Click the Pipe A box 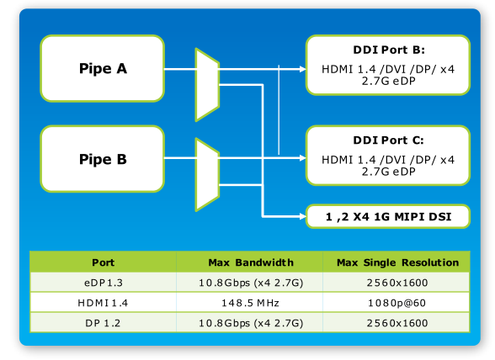coord(103,68)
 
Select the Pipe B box coord(103,159)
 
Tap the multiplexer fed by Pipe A coord(207,85)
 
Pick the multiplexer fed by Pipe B coord(207,175)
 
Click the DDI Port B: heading coord(389,50)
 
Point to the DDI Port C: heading coord(388,140)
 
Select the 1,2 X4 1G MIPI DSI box coord(388,216)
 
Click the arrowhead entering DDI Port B coord(303,69)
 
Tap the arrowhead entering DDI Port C coord(303,158)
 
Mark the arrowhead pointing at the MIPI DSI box coord(303,216)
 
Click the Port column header coord(104,262)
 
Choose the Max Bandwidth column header coord(251,262)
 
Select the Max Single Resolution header coord(397,262)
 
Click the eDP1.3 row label coord(104,283)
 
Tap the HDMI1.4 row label coord(103,303)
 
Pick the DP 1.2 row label coord(103,323)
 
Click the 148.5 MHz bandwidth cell coord(250,303)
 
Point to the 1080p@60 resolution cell coord(397,303)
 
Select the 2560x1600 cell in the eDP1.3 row coord(397,283)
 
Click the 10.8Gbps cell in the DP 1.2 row coord(251,323)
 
